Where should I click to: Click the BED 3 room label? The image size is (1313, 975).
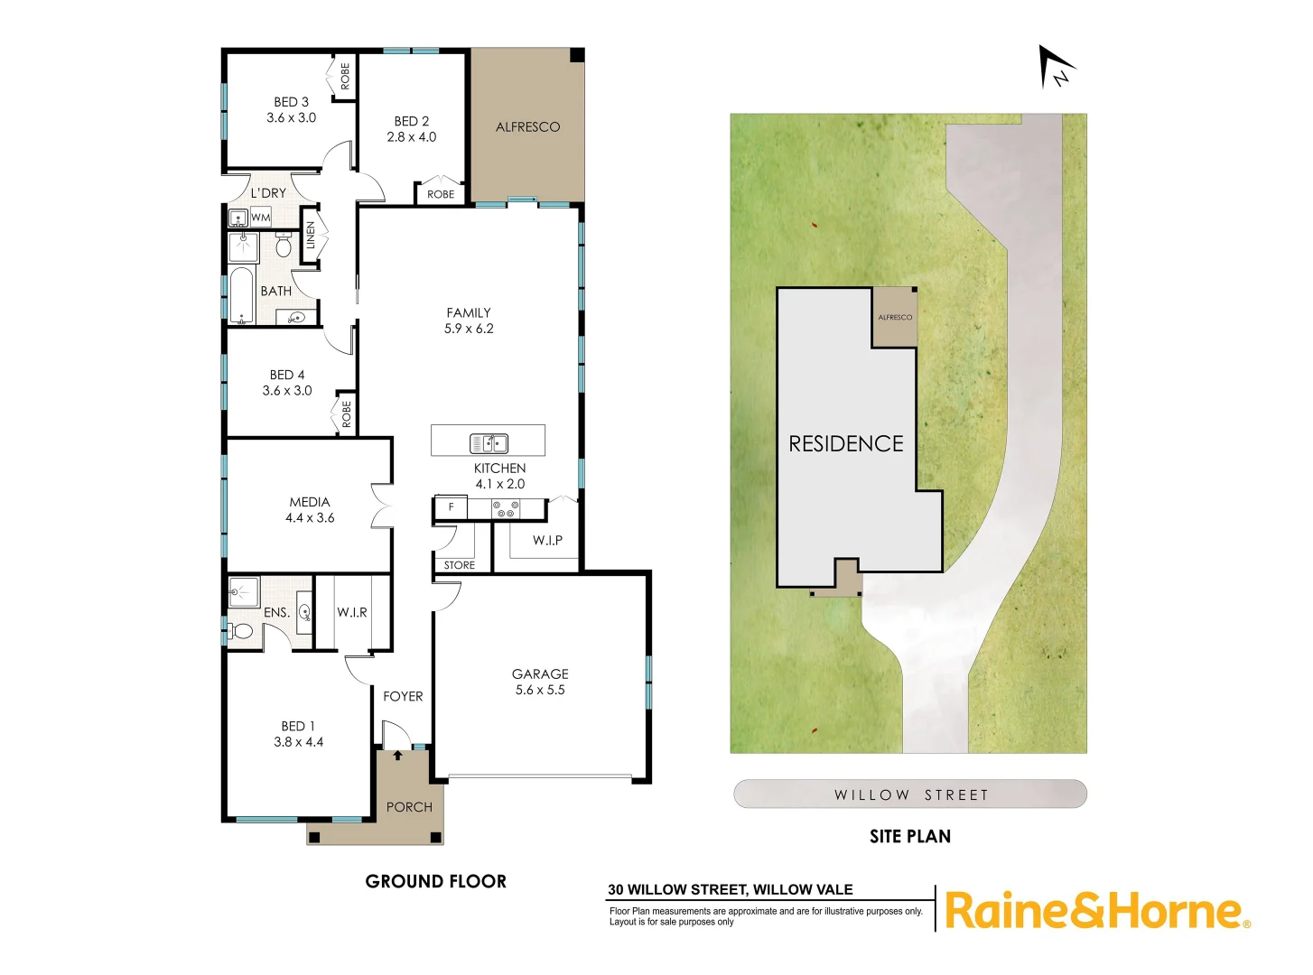coord(291,109)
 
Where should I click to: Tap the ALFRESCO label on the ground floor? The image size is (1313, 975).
coord(527,127)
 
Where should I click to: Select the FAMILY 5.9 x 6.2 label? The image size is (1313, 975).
coord(469,320)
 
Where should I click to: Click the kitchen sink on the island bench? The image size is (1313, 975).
coord(489,443)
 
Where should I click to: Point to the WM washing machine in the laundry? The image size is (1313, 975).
coord(261,218)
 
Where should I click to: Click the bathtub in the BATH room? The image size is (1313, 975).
coord(241,295)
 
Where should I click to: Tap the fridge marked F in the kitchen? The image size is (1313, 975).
coord(451,507)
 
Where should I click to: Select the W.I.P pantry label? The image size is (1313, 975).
coord(547,540)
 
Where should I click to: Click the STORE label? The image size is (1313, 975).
coord(459,565)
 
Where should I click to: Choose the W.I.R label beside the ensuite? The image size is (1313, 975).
coord(352,612)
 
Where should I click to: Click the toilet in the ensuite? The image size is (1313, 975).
coord(241,630)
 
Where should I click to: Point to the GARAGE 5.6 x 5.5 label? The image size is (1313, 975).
coord(540,682)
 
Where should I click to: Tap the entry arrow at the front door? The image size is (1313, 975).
coord(398,755)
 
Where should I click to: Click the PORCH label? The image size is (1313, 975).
coord(409,807)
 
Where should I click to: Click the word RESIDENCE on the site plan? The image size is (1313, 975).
coord(846,443)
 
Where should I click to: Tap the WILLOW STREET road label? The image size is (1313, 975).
coord(910,794)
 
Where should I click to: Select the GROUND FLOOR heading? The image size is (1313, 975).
coord(435,881)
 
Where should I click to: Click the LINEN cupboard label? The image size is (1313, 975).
coord(311,236)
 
